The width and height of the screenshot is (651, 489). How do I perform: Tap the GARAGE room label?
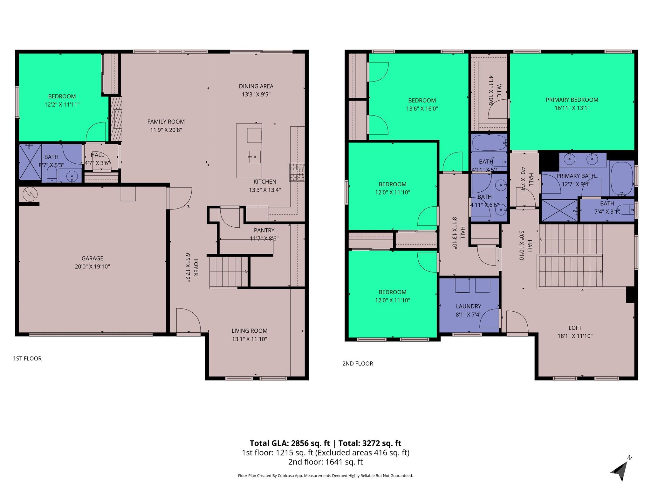(92, 259)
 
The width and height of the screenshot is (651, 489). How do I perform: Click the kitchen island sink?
(255, 157)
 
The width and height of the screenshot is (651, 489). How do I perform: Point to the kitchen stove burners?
(297, 172)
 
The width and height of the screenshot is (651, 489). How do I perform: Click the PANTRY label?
(264, 230)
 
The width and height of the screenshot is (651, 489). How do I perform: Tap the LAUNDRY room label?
(468, 306)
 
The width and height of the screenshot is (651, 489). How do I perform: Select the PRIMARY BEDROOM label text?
(572, 100)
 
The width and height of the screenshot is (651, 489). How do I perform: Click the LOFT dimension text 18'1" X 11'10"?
(575, 336)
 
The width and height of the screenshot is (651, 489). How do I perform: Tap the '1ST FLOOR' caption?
(27, 358)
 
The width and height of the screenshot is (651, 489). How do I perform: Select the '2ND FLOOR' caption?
(357, 364)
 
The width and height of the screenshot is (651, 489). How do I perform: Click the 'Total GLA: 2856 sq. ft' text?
(290, 443)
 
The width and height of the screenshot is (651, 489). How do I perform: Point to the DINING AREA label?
(256, 86)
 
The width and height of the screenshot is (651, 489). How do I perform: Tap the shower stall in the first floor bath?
(30, 162)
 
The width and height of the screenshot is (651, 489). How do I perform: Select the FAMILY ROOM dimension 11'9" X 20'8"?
(166, 130)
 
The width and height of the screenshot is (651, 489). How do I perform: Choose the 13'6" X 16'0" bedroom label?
(422, 109)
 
